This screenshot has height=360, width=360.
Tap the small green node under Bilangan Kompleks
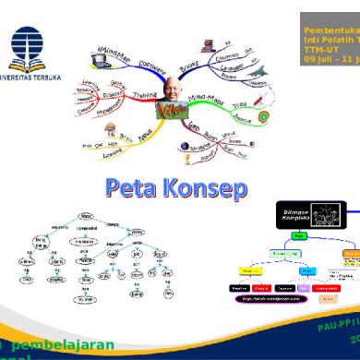[271, 235]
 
